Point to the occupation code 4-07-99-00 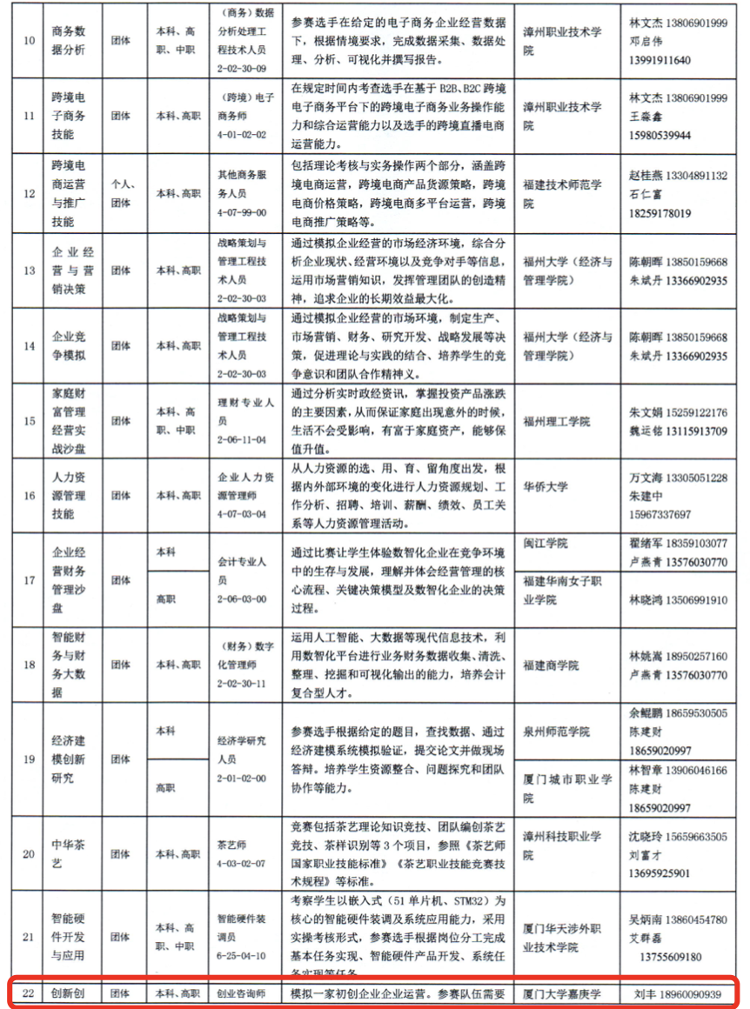pyautogui.click(x=244, y=211)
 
